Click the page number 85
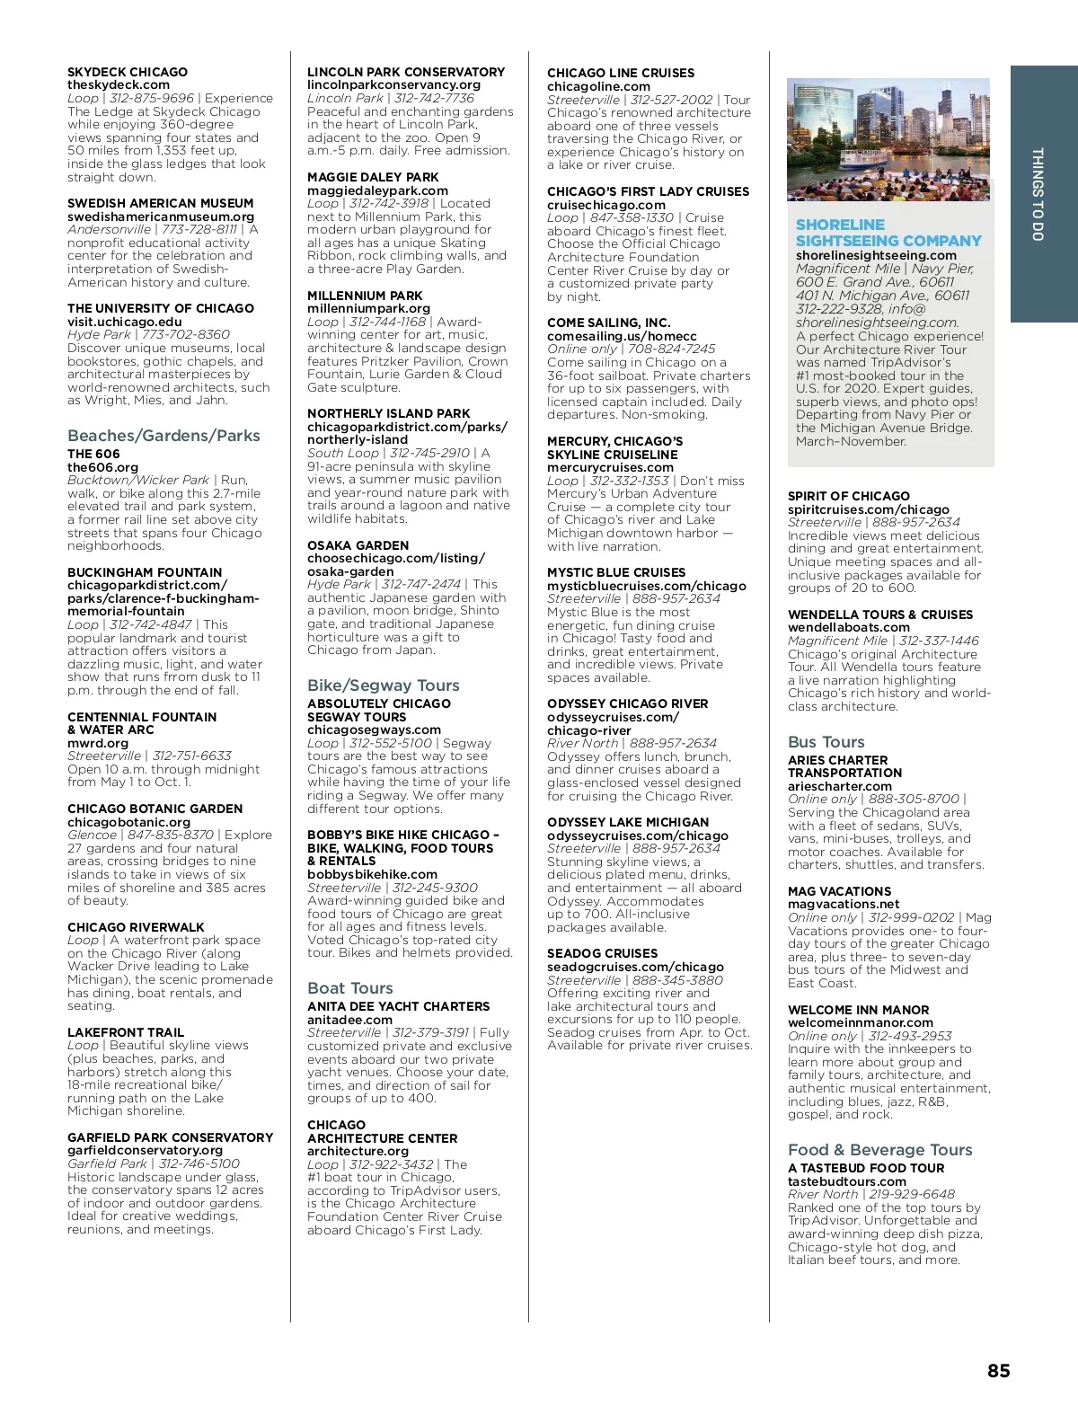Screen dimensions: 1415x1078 (x=998, y=1371)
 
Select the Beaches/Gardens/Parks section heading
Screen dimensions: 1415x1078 (x=163, y=436)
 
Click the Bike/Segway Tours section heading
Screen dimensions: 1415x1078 (x=383, y=685)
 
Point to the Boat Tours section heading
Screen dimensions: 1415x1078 (x=349, y=988)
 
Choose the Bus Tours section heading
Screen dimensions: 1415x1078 (x=826, y=742)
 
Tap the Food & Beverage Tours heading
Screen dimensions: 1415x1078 (x=879, y=1150)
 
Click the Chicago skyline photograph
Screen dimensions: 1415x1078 (x=888, y=139)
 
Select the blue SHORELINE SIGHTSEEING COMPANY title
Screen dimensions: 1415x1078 (x=888, y=233)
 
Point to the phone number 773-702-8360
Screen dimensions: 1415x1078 (x=186, y=334)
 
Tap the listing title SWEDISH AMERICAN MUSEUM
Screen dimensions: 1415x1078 (x=160, y=203)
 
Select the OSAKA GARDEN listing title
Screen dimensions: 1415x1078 (x=358, y=545)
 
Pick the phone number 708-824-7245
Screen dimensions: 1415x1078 (x=673, y=349)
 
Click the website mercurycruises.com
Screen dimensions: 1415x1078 (x=610, y=467)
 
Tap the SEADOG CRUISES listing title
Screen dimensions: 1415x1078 (x=602, y=953)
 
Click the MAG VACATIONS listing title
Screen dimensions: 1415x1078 (x=838, y=891)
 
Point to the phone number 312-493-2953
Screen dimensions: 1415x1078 (x=909, y=1036)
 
